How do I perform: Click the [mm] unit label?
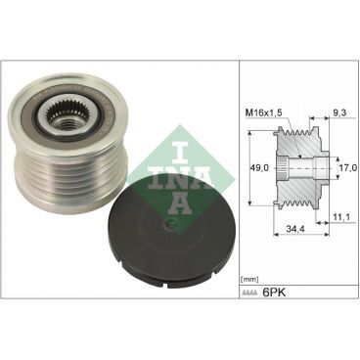(251, 278)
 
